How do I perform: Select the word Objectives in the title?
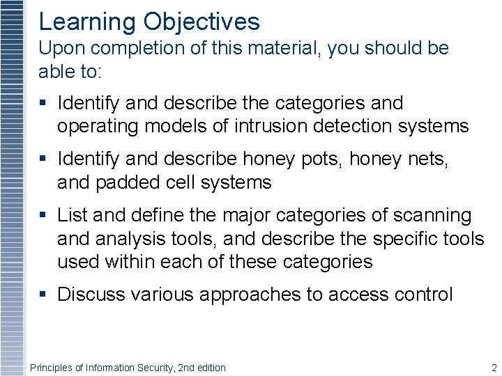[x=201, y=22]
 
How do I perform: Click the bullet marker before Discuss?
[x=43, y=295]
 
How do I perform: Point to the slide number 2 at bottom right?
[x=494, y=368]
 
